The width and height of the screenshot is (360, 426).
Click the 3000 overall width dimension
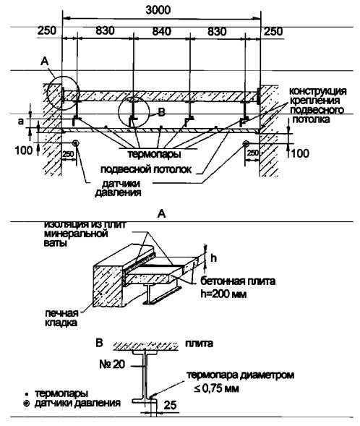158,10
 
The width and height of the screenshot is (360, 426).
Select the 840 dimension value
161,31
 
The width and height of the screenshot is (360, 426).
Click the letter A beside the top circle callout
45,61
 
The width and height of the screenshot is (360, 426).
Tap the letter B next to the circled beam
161,112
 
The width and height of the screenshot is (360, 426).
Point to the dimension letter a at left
21,122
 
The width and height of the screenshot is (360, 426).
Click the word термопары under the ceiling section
154,154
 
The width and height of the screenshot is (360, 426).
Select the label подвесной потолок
146,169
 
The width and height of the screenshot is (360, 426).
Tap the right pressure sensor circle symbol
246,143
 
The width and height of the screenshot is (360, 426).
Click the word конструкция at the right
318,91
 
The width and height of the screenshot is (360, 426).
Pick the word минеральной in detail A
76,234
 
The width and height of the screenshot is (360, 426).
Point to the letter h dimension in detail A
214,257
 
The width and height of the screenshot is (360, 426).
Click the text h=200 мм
223,294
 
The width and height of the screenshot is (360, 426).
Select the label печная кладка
61,318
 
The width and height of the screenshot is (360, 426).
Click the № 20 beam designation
112,365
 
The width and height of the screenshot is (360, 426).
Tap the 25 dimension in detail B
170,405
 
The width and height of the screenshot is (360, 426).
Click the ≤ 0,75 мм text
216,388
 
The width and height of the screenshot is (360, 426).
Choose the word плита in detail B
199,344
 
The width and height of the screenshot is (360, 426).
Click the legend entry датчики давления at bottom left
77,403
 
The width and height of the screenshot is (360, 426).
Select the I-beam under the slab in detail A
160,294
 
